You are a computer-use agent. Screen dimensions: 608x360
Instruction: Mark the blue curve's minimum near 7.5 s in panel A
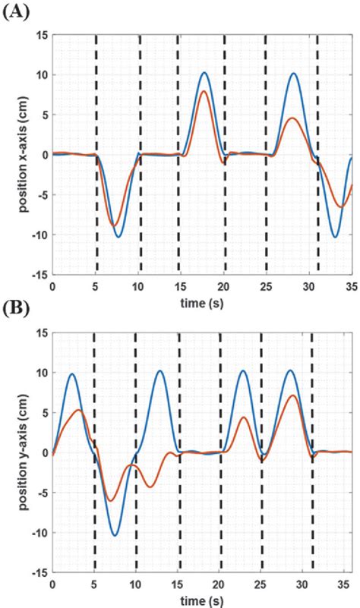pos(118,237)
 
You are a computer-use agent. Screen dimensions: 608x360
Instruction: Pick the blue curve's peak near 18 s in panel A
pos(204,73)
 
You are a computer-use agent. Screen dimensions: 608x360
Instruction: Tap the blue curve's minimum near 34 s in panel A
pos(335,237)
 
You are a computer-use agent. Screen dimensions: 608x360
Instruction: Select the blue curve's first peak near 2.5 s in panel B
pos(72,373)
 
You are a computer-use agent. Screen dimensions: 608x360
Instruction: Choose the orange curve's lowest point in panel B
pos(111,500)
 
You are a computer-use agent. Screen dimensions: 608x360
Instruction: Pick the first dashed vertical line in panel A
pos(96,152)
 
